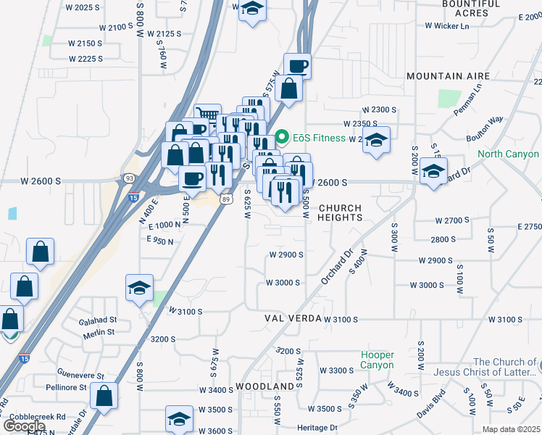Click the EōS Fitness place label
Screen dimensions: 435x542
pos(319,138)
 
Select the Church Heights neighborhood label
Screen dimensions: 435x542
pos(340,212)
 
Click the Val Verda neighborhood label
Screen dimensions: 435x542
pos(293,319)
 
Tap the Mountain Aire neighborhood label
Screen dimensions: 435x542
pos(448,76)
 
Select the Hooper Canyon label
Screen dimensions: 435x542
pos(378,360)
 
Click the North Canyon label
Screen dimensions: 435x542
pos(508,154)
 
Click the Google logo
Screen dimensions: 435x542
pos(24,426)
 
